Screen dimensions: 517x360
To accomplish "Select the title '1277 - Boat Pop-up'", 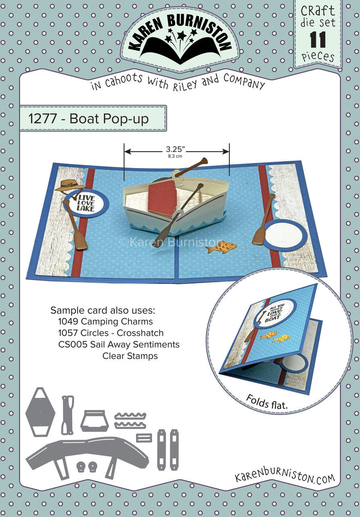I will (89, 119).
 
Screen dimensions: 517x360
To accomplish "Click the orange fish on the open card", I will (222, 246).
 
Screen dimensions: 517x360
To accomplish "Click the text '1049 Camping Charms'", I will (106, 322).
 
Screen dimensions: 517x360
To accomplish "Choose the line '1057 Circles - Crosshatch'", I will (111, 333).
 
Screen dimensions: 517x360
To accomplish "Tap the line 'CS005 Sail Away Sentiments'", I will (119, 345).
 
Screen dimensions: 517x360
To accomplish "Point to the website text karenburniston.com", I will (285, 478).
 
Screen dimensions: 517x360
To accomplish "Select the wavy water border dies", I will (130, 420).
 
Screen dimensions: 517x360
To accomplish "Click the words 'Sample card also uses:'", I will (103, 310).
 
